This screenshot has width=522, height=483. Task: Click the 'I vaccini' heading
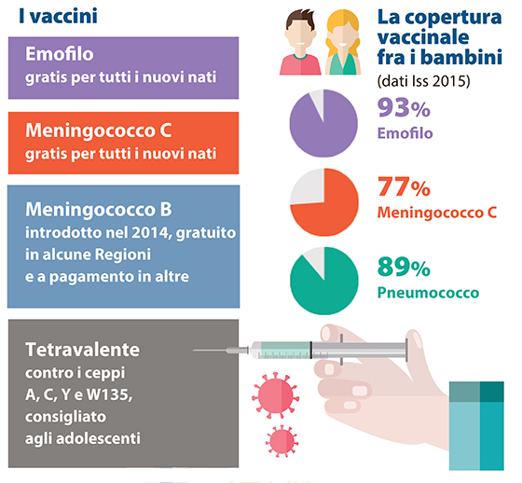click(x=58, y=16)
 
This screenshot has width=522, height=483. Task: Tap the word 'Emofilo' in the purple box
click(x=60, y=54)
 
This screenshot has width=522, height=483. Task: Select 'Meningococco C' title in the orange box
click(x=99, y=131)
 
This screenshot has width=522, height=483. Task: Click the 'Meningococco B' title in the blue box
click(x=99, y=210)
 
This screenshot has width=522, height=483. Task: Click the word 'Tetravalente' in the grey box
click(x=83, y=350)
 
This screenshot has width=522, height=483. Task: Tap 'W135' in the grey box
click(x=109, y=394)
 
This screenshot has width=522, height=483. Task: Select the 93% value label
click(x=404, y=108)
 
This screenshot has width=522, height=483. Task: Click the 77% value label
click(x=404, y=186)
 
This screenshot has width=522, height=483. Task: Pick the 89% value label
click(x=404, y=267)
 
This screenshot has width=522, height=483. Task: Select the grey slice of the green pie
click(x=316, y=260)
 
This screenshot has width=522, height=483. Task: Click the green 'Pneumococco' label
click(x=428, y=293)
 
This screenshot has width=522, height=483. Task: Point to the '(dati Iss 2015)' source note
click(x=423, y=81)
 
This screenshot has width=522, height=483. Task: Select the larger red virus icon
click(x=275, y=395)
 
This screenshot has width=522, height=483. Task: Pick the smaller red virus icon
click(x=282, y=441)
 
